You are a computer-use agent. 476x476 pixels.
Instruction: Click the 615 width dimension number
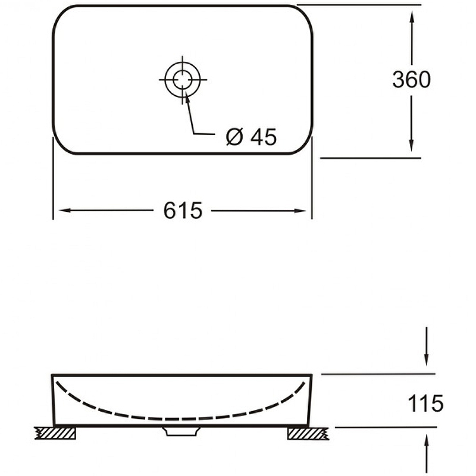pos(183,211)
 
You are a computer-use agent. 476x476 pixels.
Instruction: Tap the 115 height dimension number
pos(425,405)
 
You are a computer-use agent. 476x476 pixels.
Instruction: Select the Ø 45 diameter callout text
pos(252,137)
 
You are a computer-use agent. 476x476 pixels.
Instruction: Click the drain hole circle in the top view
pos(183,79)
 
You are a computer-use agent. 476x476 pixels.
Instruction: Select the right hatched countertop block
pos(307,434)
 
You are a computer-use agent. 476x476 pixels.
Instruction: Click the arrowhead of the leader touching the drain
pos(187,97)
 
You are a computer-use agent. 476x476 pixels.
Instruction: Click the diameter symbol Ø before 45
pos(234,137)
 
